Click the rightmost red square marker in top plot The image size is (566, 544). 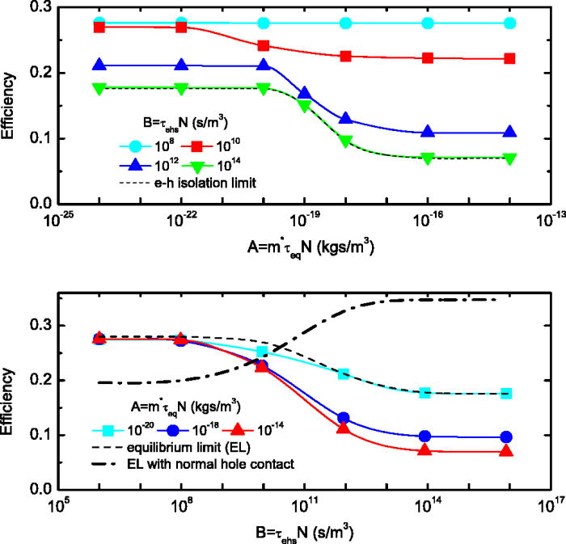pos(509,58)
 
